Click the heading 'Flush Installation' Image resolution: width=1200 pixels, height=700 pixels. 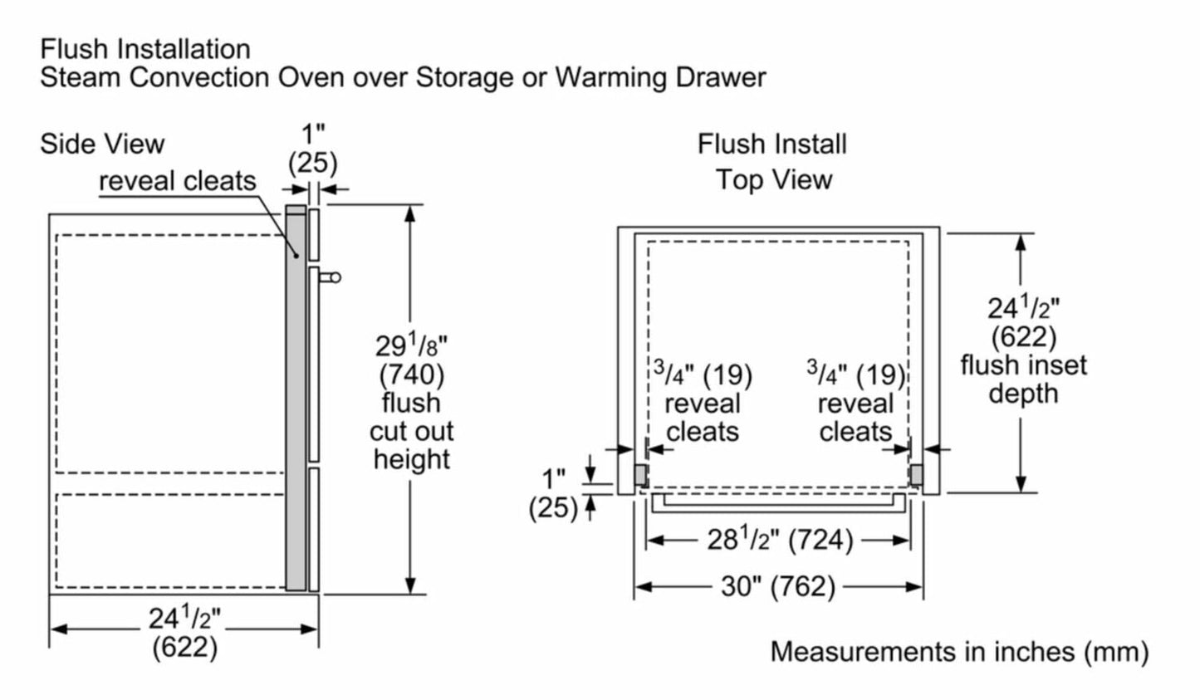click(x=144, y=49)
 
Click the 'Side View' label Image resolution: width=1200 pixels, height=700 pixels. click(x=102, y=144)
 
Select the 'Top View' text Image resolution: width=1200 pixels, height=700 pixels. click(x=774, y=179)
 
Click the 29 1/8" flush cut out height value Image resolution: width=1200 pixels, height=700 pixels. click(x=411, y=345)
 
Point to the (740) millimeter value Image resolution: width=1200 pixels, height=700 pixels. click(x=411, y=374)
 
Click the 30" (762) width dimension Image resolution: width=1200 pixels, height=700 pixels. click(x=777, y=586)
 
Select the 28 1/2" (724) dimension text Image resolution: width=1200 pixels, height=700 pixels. click(x=779, y=541)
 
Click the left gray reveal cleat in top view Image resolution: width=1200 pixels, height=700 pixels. click(x=641, y=475)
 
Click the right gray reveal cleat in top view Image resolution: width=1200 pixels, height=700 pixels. click(x=916, y=475)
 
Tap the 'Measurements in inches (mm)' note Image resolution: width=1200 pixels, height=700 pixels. click(x=959, y=651)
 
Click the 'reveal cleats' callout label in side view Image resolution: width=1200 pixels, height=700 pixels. click(x=178, y=181)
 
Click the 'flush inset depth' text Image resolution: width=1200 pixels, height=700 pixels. click(x=1022, y=379)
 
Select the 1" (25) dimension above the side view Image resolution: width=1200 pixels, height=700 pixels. click(x=313, y=149)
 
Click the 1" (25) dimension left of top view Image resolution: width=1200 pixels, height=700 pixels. click(x=552, y=492)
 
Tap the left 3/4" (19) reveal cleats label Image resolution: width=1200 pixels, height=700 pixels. click(x=702, y=403)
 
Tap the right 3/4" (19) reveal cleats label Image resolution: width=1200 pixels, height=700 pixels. click(x=855, y=403)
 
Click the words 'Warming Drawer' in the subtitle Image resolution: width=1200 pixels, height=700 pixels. click(x=660, y=77)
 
